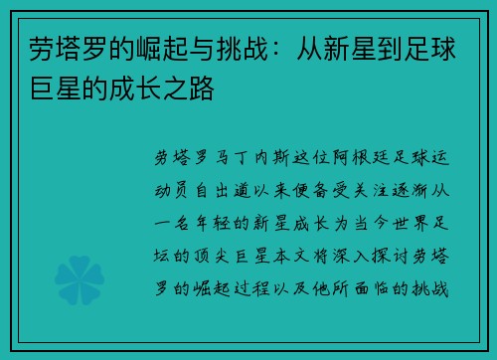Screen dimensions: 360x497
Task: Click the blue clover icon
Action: [79, 270]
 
